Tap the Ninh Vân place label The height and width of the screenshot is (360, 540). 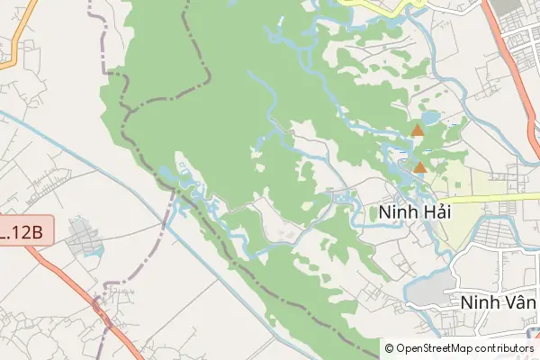pyautogui.click(x=497, y=302)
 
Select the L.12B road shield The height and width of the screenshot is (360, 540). pyautogui.click(x=21, y=231)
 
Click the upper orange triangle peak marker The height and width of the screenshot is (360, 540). pyautogui.click(x=417, y=130)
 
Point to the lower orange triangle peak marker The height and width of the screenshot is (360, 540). pyautogui.click(x=419, y=166)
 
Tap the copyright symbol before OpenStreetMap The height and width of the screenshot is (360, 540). pyautogui.click(x=390, y=348)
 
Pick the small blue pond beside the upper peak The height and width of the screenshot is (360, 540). pyautogui.click(x=430, y=117)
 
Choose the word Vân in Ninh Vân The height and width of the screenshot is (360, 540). pyautogui.click(x=517, y=302)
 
